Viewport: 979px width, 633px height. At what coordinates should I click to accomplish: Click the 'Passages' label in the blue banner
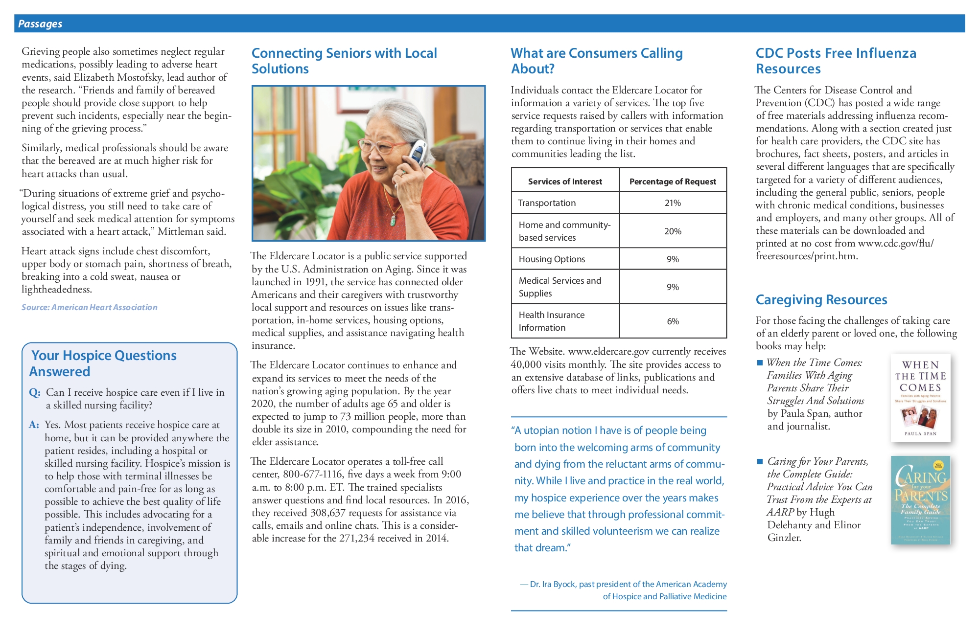(x=40, y=24)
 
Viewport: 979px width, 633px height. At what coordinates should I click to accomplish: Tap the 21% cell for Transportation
(x=673, y=203)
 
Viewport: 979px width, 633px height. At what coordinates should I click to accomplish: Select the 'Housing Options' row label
(x=552, y=259)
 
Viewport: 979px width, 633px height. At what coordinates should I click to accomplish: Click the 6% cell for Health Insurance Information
(x=673, y=321)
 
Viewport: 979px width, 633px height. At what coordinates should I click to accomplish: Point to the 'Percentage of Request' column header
(x=673, y=181)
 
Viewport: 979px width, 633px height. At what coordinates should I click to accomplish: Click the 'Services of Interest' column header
(x=565, y=181)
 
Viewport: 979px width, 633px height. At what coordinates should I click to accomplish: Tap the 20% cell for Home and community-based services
(x=673, y=231)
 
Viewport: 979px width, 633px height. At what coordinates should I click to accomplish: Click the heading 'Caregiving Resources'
(x=821, y=300)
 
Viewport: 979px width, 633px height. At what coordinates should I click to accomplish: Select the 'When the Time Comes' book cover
(x=920, y=398)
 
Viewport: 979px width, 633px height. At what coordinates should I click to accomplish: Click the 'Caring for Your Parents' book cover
(x=920, y=500)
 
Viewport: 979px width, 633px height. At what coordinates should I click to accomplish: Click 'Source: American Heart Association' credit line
(x=90, y=307)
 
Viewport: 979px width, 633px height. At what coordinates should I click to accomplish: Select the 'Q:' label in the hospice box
(x=34, y=393)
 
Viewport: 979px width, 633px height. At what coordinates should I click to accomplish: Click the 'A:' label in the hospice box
(x=34, y=425)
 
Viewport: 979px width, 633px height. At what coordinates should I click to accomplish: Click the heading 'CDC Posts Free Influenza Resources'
(x=836, y=61)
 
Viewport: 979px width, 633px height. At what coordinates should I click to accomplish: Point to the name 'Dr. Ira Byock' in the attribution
(x=553, y=584)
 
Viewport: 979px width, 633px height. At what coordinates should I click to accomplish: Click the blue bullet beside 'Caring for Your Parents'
(x=760, y=462)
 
